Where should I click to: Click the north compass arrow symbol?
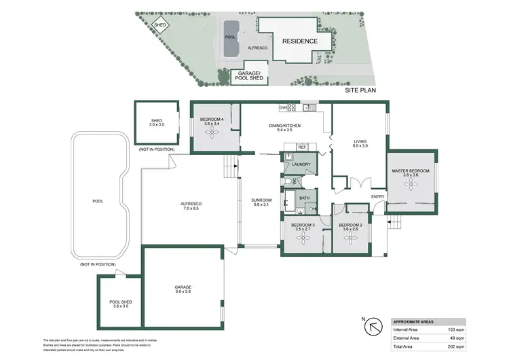coord(373,327)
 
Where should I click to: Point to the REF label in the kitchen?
coord(301,147)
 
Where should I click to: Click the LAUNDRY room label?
coord(302,164)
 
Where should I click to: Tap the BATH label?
coord(304,198)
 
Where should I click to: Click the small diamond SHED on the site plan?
coord(160,25)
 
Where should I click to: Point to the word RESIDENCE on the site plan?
coord(299,41)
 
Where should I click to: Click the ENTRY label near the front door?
coord(377,197)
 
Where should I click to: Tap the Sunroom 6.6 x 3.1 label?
coord(261,202)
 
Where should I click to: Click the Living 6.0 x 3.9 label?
coord(360,144)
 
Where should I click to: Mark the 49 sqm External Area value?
coord(457,338)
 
